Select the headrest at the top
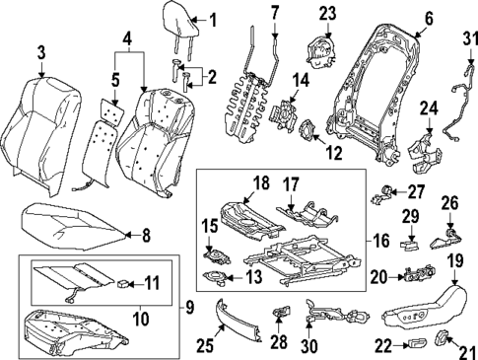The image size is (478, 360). (180, 28)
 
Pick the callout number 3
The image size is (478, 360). (39, 53)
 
